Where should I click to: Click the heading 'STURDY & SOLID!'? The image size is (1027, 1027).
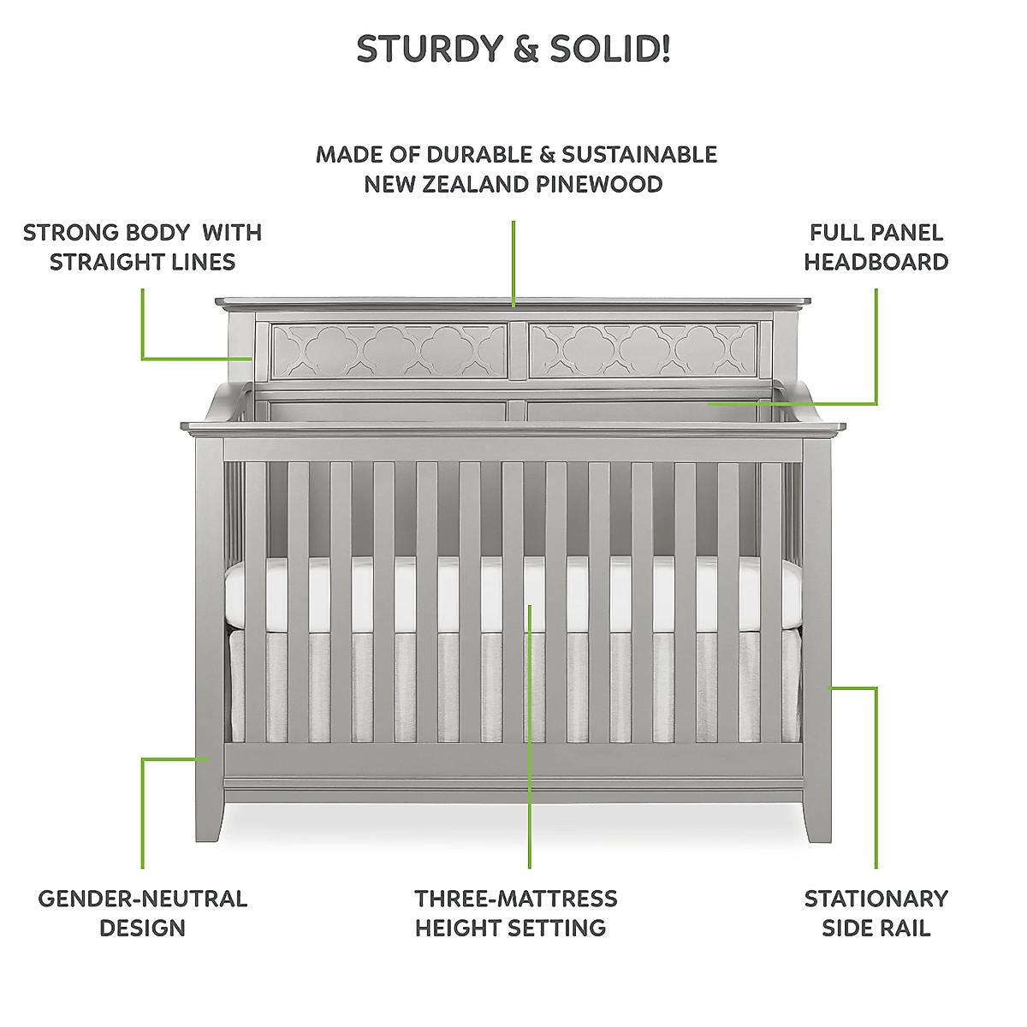513,50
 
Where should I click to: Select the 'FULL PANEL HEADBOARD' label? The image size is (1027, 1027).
876,246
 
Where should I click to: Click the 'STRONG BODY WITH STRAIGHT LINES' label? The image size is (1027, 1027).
142,246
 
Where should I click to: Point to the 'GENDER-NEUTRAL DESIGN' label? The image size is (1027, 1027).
142,912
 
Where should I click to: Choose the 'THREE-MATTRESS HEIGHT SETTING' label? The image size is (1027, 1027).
515,912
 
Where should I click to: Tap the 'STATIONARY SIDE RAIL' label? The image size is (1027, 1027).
876,912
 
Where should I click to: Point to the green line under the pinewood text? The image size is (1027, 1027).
513,261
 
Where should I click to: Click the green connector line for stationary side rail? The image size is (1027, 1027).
876,770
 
